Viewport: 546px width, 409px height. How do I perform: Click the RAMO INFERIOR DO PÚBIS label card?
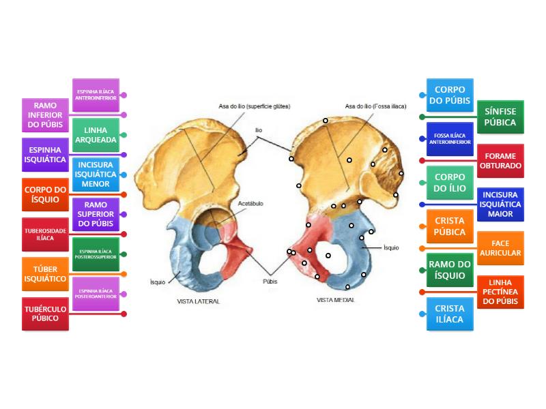click(x=45, y=115)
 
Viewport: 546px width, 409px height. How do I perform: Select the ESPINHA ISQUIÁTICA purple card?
click(x=45, y=155)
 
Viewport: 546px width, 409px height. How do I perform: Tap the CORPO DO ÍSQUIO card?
click(x=45, y=194)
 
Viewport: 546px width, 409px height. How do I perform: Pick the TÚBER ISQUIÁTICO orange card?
click(x=45, y=273)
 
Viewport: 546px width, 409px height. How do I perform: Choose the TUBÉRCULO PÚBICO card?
click(x=45, y=314)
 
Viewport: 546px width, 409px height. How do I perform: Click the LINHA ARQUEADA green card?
click(x=96, y=135)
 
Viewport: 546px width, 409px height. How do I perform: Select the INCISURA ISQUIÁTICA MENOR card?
click(x=96, y=175)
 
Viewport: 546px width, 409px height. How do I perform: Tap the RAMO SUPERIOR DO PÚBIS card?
click(x=96, y=214)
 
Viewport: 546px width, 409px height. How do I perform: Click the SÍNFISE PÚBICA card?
click(x=500, y=117)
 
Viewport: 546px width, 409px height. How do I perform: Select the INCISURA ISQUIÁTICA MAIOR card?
click(x=500, y=204)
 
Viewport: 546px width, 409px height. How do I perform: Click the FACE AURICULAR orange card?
click(x=500, y=248)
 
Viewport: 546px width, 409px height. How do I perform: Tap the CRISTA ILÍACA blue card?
click(x=450, y=314)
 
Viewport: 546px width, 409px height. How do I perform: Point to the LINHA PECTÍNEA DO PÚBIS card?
click(x=500, y=292)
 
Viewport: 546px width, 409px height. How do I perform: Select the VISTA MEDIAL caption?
click(x=336, y=299)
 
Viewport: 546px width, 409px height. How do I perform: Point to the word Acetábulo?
click(x=250, y=203)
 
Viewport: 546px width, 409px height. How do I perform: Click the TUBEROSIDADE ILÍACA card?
click(x=45, y=234)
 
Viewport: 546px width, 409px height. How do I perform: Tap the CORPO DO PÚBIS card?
click(x=450, y=95)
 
